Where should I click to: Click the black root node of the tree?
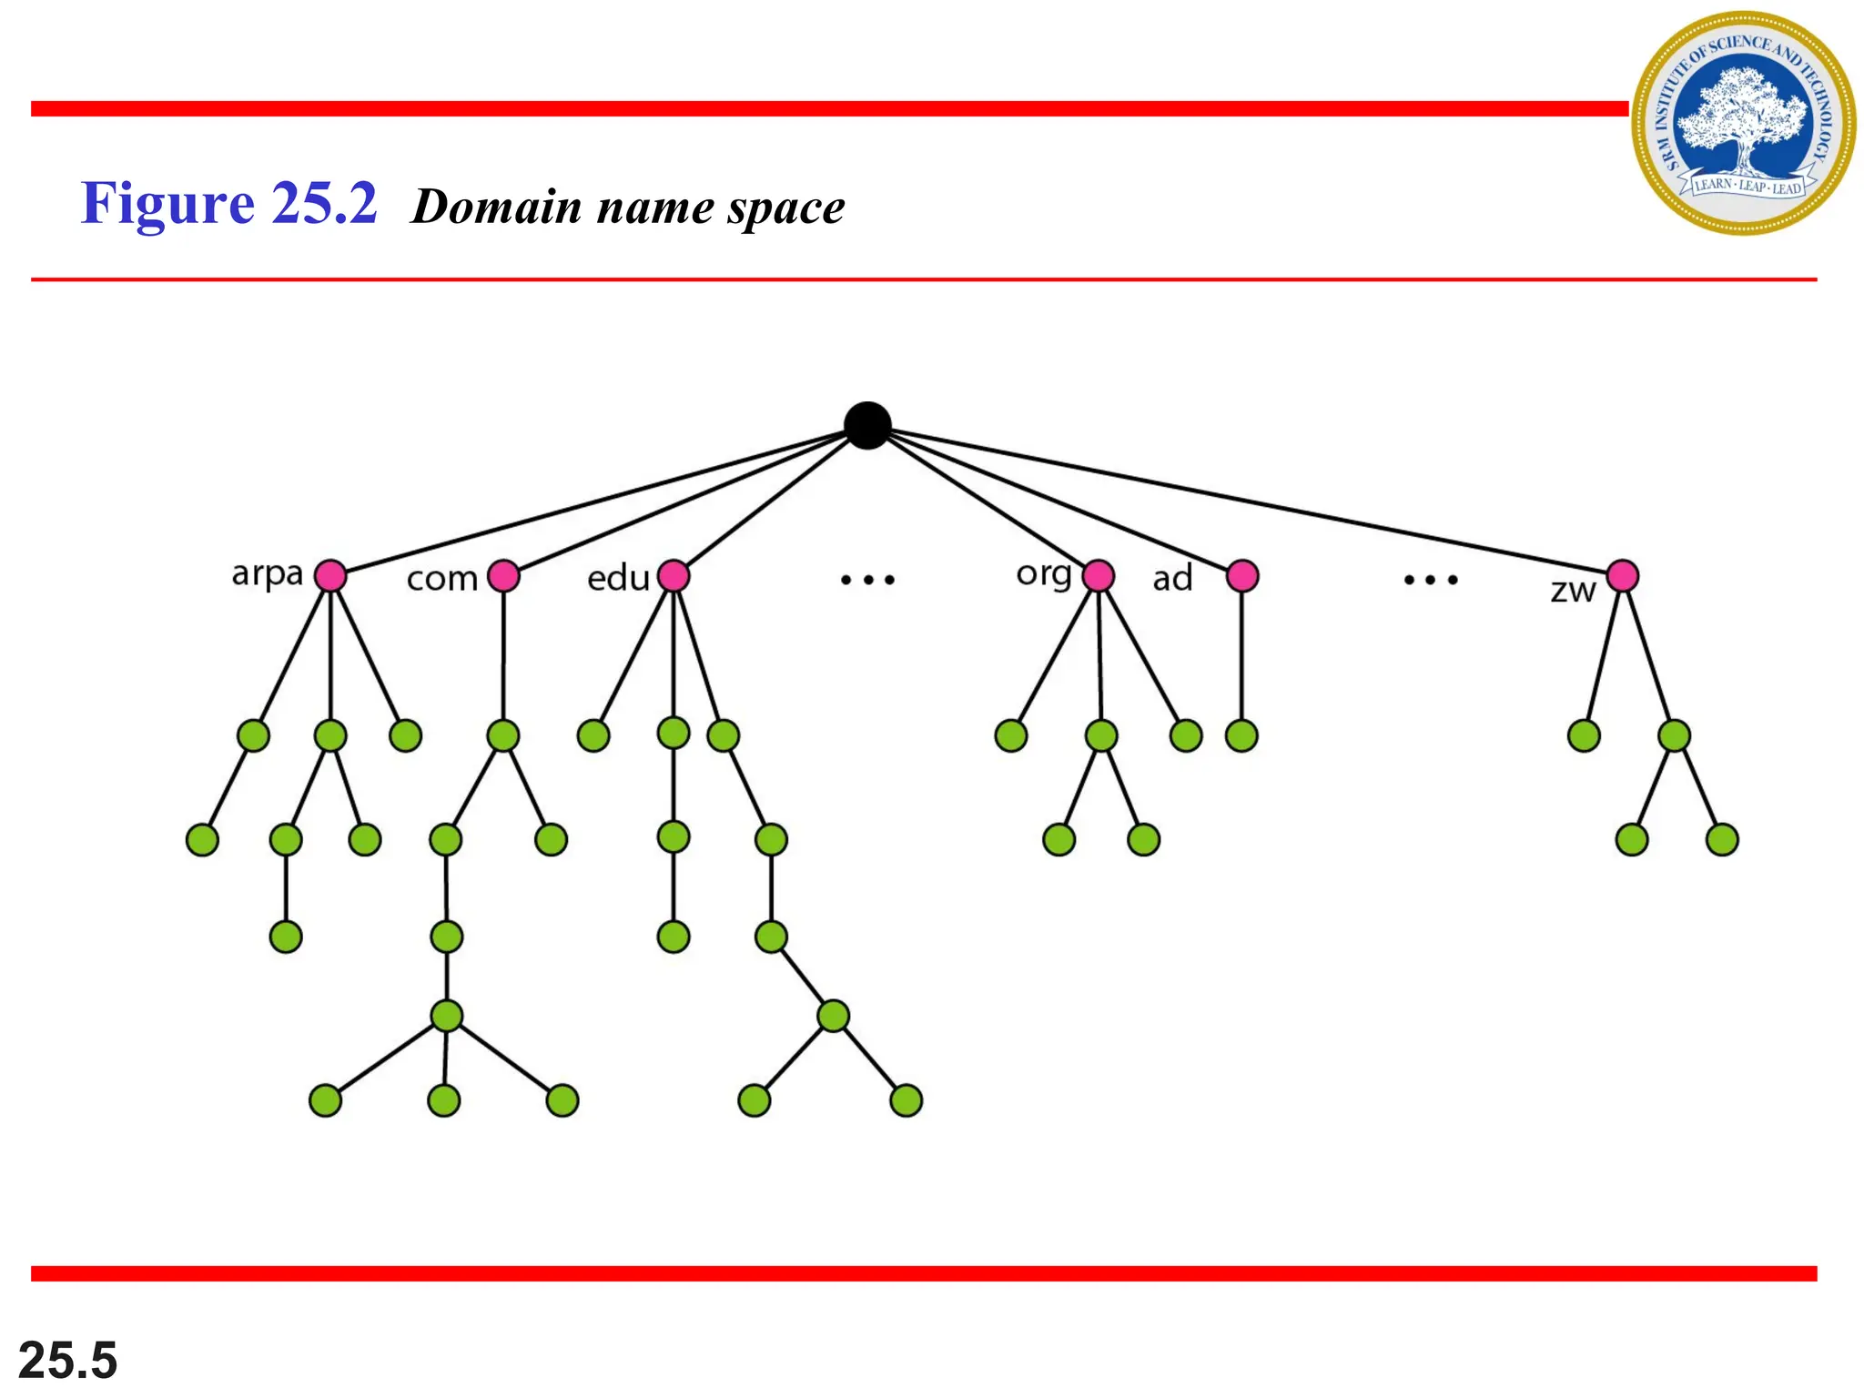pyautogui.click(x=866, y=425)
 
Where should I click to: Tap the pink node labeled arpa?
pyautogui.click(x=330, y=575)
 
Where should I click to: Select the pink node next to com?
pyautogui.click(x=503, y=575)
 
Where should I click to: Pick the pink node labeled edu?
pyautogui.click(x=674, y=575)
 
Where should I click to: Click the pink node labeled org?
pyautogui.click(x=1099, y=575)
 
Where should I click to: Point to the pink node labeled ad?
pyautogui.click(x=1242, y=575)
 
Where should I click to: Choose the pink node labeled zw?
pyautogui.click(x=1623, y=575)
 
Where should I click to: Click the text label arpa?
pyautogui.click(x=267, y=574)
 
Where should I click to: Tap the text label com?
pyautogui.click(x=441, y=579)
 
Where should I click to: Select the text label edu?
pyautogui.click(x=618, y=578)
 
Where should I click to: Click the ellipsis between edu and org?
pyautogui.click(x=867, y=580)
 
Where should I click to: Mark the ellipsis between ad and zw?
pyautogui.click(x=1431, y=580)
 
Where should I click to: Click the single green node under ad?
pyautogui.click(x=1241, y=735)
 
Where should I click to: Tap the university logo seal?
pyautogui.click(x=1743, y=123)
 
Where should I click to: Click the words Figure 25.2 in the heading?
pyautogui.click(x=228, y=203)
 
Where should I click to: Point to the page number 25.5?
pyautogui.click(x=68, y=1360)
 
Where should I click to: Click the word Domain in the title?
pyautogui.click(x=497, y=207)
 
